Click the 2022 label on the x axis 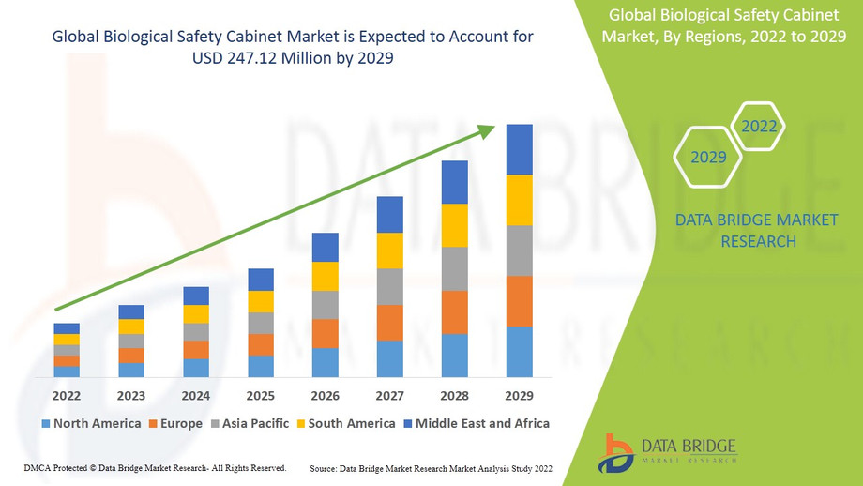tap(67, 395)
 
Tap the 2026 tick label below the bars tap(326, 395)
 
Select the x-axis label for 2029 tap(520, 395)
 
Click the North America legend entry tap(91, 423)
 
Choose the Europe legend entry tap(175, 423)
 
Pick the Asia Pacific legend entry tap(249, 423)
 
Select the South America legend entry tap(344, 423)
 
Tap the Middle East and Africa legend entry tap(476, 423)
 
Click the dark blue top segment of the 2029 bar tap(520, 149)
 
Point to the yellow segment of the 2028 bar tap(455, 225)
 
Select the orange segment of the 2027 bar tap(390, 323)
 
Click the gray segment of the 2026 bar tap(326, 305)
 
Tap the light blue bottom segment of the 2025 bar tap(261, 367)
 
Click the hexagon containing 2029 tap(708, 157)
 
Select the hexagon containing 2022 tap(759, 127)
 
